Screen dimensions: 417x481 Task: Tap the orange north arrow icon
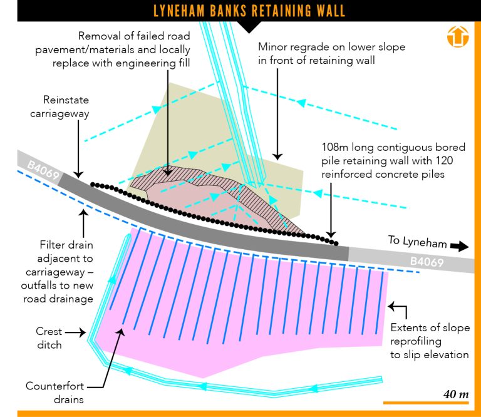(458, 36)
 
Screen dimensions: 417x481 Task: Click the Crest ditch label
(49, 339)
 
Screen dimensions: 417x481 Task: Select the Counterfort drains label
(55, 392)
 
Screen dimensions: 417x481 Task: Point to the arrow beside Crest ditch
(76, 332)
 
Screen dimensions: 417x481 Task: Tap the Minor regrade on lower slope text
(331, 53)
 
